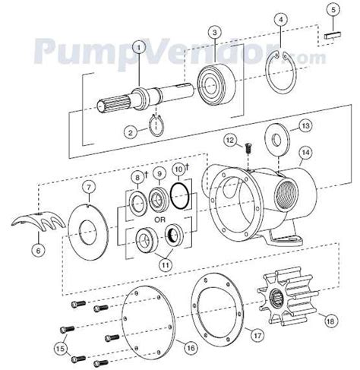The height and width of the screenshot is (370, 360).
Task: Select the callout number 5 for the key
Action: point(332,9)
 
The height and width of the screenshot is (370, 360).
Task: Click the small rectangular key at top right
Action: point(332,33)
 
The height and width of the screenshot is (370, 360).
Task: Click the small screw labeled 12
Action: point(250,150)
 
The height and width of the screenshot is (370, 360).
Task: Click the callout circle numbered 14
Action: point(304,151)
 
